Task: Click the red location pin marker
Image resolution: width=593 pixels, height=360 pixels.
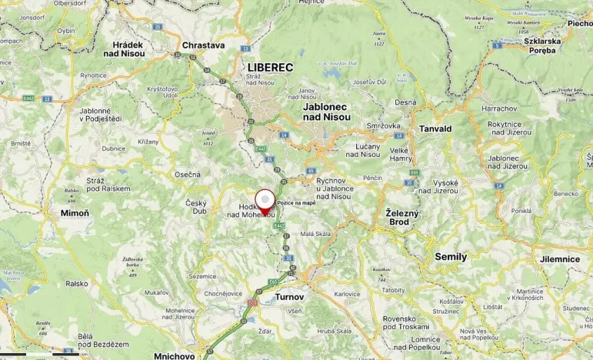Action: pos(265,202)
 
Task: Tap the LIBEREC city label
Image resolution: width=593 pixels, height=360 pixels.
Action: pos(270,68)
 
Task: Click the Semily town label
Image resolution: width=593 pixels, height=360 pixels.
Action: pos(451,257)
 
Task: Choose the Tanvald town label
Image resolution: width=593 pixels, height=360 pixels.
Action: pos(435,128)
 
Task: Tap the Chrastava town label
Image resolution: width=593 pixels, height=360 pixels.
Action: pos(203,45)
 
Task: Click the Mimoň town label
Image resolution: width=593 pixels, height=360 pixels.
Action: pos(75,213)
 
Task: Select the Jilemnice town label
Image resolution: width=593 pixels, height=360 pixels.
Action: pos(559,259)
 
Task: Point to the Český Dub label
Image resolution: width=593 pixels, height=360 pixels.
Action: pos(196,207)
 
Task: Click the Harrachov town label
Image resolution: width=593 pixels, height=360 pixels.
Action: pos(498,108)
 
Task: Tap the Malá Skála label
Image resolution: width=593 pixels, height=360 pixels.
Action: pos(315,233)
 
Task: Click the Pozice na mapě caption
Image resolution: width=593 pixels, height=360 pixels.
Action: pos(296,202)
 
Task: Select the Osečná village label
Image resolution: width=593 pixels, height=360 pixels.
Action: pos(187,175)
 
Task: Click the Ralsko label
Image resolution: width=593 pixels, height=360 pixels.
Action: pos(77,283)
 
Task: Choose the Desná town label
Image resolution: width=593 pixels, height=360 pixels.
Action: pos(405,102)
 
